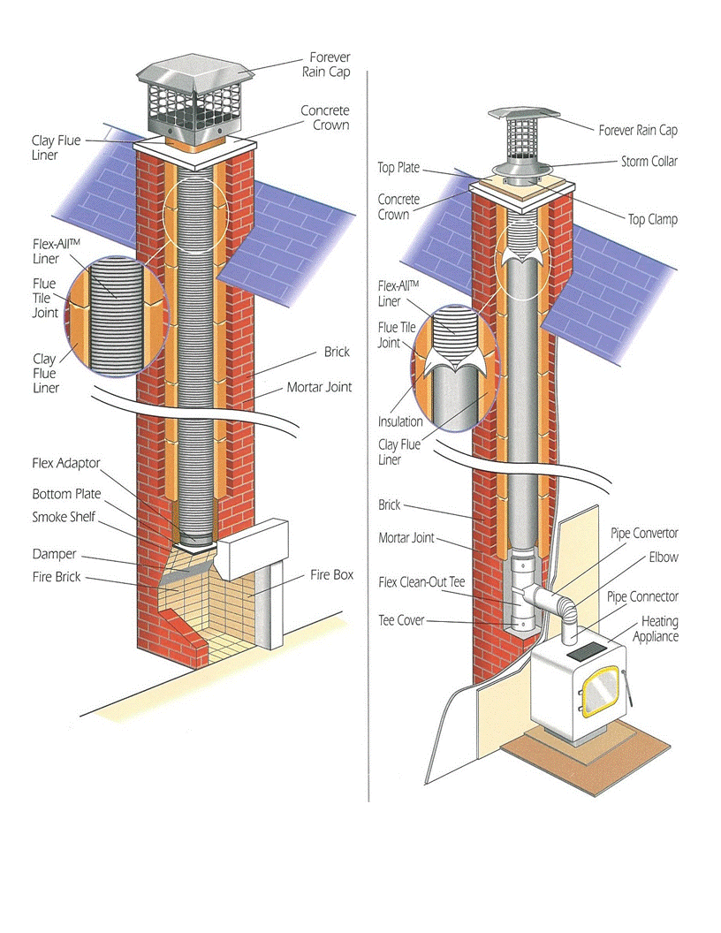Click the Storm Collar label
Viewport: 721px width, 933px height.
click(649, 162)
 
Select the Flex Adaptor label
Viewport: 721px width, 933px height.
click(66, 463)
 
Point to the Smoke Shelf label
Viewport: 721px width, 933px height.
click(64, 518)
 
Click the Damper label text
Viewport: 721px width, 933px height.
click(54, 554)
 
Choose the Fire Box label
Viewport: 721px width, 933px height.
click(331, 574)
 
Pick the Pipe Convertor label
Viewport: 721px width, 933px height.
click(645, 534)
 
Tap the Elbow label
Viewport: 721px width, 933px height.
click(664, 558)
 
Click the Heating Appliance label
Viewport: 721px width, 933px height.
click(660, 629)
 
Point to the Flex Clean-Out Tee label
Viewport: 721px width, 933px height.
click(421, 582)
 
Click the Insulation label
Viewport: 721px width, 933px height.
click(400, 421)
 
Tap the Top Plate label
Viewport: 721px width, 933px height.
click(398, 168)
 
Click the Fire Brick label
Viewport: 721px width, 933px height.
click(57, 577)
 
